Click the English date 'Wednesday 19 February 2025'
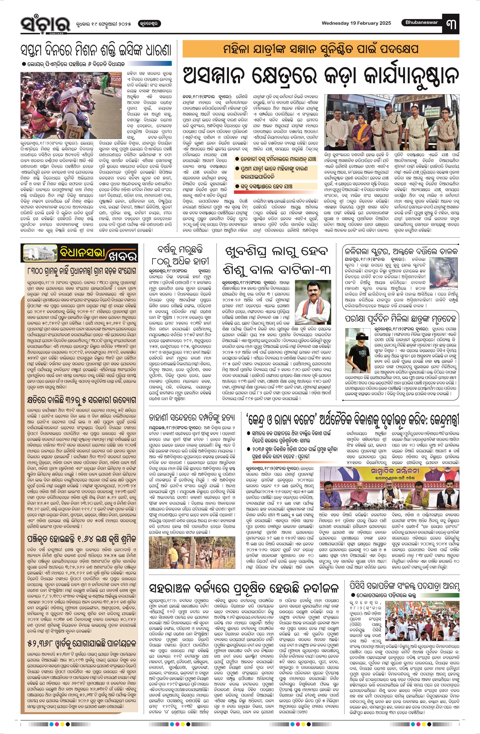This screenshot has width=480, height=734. (x=356, y=23)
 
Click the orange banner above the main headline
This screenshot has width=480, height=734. (x=321, y=49)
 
